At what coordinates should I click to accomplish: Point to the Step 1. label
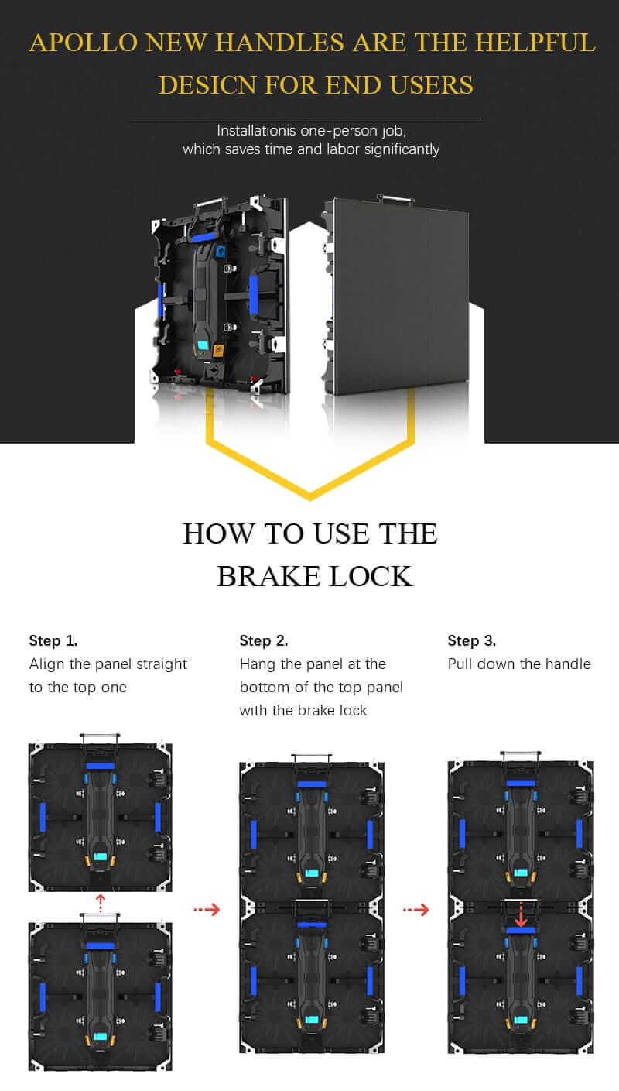click(53, 640)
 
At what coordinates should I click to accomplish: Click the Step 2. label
click(264, 640)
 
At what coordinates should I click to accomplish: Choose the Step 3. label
click(472, 640)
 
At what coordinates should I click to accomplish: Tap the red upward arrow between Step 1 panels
click(100, 900)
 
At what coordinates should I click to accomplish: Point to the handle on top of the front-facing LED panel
click(395, 199)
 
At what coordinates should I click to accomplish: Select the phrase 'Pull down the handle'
click(519, 664)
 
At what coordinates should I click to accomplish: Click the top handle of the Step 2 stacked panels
click(311, 757)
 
